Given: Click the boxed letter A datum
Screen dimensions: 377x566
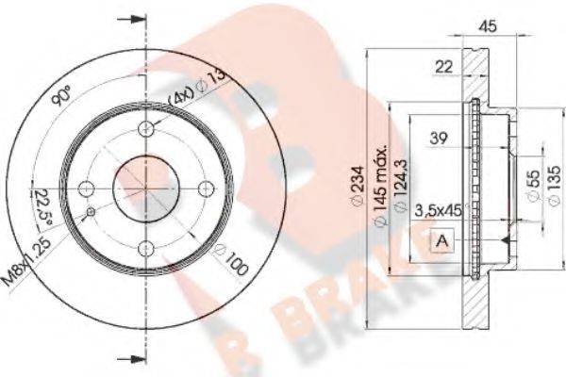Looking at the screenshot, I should [x=440, y=243].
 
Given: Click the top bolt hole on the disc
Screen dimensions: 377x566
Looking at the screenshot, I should [x=146, y=129].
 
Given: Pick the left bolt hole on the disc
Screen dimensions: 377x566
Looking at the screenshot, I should [x=86, y=188].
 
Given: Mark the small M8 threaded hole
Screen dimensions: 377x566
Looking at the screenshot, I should [x=91, y=211].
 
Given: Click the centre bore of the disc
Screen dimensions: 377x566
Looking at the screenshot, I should [x=146, y=188].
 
